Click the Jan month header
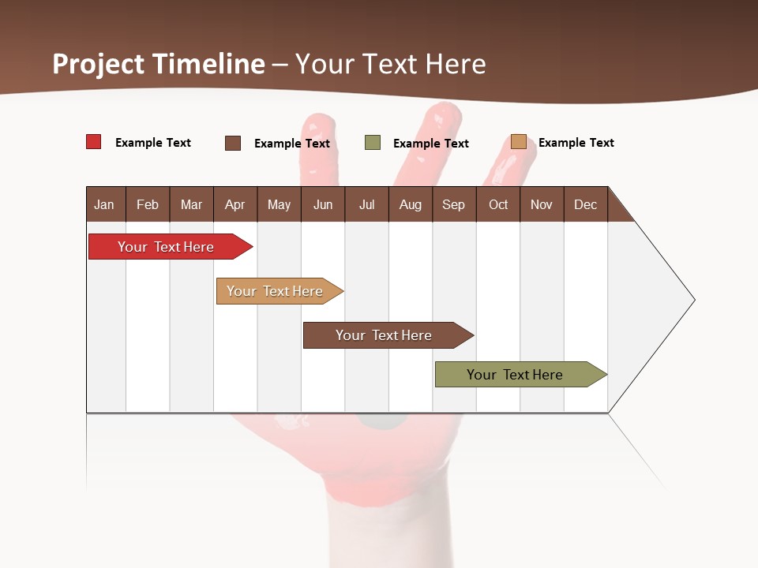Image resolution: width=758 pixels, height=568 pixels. pos(105,204)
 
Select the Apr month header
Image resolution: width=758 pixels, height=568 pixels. pos(235,204)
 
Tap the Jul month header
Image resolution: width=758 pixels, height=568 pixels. pos(366,204)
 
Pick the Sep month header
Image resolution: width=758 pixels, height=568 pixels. pos(453,204)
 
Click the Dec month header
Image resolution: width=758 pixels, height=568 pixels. pos(585,204)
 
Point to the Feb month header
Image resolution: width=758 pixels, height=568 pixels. pos(148,204)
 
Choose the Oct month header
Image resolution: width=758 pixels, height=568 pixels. pos(498,204)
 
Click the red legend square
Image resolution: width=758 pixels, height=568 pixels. pos(94,142)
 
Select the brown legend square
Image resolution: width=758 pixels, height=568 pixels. pos(233,143)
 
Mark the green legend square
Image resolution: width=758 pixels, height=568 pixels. pos(373,143)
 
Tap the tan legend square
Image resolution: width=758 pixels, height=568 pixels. pos(518,142)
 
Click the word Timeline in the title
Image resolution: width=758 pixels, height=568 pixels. pos(208,64)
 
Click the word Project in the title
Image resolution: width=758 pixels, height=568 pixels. pos(98,64)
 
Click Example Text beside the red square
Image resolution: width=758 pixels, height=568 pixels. pos(153,143)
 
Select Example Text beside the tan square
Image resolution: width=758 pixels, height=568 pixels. pos(576,143)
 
